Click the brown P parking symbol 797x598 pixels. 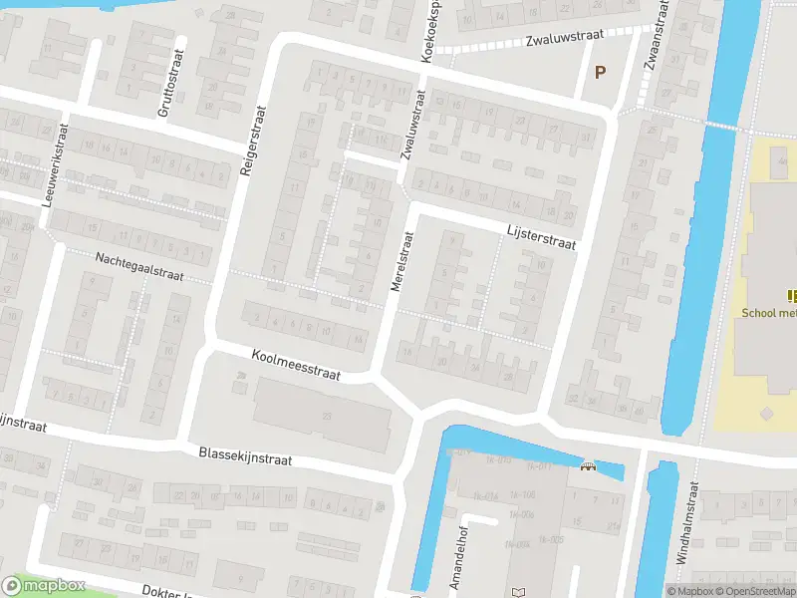pos(600,71)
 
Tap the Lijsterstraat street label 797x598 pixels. pos(541,236)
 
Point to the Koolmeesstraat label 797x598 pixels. pos(296,366)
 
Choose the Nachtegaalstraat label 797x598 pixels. pos(140,267)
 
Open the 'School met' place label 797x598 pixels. pos(769,312)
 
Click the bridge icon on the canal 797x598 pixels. pos(588,465)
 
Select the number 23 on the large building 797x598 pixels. pos(324,415)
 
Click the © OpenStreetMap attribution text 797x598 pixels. pos(751,591)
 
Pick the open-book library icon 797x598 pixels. pos(517,592)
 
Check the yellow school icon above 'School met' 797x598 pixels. pos(792,295)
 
